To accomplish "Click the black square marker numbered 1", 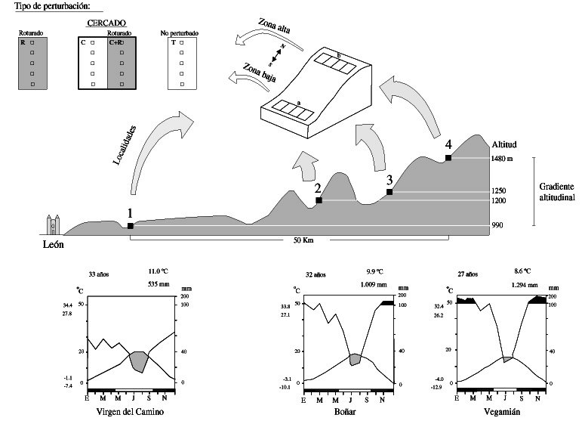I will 131,226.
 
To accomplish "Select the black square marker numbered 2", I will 319,200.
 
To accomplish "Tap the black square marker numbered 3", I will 389,192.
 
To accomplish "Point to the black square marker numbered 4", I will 448,157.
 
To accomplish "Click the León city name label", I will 53,243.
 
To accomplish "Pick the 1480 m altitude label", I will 503,159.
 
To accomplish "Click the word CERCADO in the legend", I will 106,23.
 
